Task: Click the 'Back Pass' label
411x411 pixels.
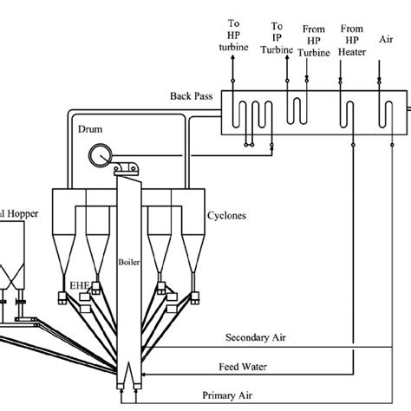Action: pos(192,96)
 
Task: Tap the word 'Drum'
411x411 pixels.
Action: pos(90,129)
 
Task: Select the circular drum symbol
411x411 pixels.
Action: pos(101,156)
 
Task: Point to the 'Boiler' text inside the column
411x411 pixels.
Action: pos(129,262)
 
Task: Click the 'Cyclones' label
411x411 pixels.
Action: pos(226,216)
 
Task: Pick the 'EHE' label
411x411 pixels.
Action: pos(80,285)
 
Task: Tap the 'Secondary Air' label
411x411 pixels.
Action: pos(256,337)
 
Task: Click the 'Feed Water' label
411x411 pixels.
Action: pos(243,367)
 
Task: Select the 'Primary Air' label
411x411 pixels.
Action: pos(227,395)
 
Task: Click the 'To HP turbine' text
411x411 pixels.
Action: pos(233,35)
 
